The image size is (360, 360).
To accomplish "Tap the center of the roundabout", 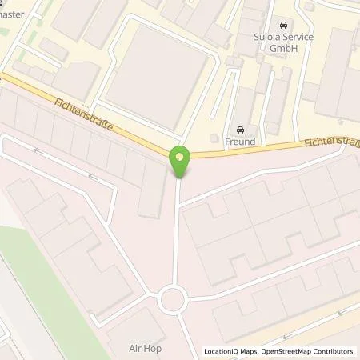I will click(174, 301).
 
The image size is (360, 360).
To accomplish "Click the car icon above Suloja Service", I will click(282, 25).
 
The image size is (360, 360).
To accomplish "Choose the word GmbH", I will click(283, 48).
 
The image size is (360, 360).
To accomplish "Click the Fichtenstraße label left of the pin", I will click(89, 115).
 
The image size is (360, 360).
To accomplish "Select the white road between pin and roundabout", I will click(176, 232).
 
